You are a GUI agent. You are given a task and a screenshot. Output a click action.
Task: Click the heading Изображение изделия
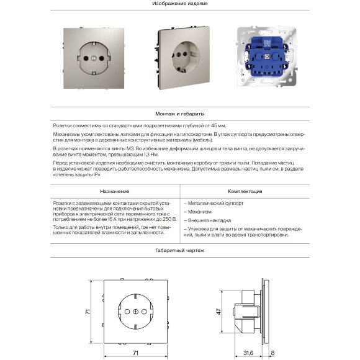pyautogui.click(x=179, y=4)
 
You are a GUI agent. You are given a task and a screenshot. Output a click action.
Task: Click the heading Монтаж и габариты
pyautogui.click(x=179, y=115)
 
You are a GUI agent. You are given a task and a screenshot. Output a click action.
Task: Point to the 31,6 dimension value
pyautogui.click(x=248, y=353)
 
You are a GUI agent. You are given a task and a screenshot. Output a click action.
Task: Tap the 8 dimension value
pyautogui.click(x=272, y=353)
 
